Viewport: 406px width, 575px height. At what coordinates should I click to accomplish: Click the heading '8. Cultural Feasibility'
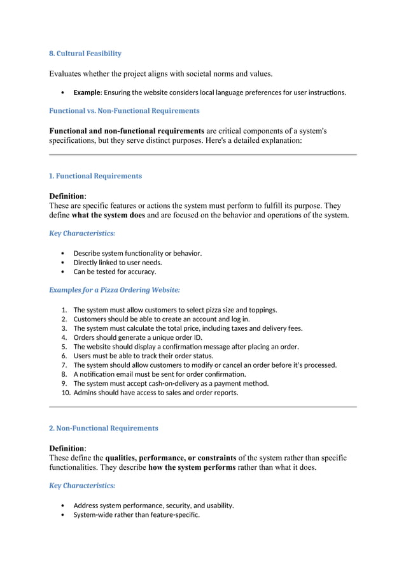pyautogui.click(x=85, y=53)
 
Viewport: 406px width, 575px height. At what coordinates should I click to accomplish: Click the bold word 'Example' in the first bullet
pyautogui.click(x=87, y=92)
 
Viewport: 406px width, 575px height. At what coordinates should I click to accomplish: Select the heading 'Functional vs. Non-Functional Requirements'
pyautogui.click(x=124, y=110)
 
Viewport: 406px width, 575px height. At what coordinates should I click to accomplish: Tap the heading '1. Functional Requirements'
pyautogui.click(x=95, y=175)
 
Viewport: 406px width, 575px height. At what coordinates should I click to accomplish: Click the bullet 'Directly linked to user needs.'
pyautogui.click(x=118, y=262)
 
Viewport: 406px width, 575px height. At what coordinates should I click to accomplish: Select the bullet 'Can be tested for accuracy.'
pyautogui.click(x=115, y=272)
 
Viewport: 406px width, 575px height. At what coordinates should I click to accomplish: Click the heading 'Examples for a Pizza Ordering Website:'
pyautogui.click(x=115, y=289)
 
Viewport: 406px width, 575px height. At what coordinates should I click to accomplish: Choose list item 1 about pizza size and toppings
pyautogui.click(x=175, y=310)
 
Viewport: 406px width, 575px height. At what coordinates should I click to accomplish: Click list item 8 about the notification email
pyautogui.click(x=159, y=374)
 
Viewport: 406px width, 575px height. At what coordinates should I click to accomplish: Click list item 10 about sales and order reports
pyautogui.click(x=156, y=393)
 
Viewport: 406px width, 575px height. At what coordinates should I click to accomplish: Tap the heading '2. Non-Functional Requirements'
pyautogui.click(x=104, y=428)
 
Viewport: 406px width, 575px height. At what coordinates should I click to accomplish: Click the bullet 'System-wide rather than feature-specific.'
pyautogui.click(x=136, y=514)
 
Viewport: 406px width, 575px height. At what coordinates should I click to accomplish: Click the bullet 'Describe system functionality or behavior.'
pyautogui.click(x=137, y=253)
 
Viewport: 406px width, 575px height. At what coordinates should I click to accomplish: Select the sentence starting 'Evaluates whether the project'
pyautogui.click(x=160, y=74)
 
